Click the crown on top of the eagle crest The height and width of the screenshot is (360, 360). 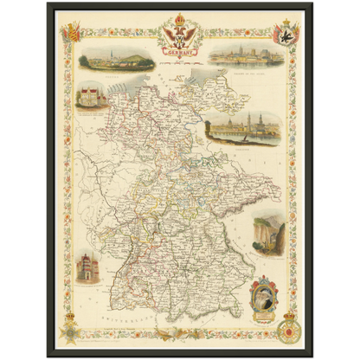click(x=179, y=19)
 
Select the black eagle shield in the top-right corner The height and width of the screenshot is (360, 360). click(x=283, y=35)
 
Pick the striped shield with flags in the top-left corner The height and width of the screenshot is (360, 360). click(x=73, y=34)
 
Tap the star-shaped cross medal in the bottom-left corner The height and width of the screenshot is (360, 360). click(x=70, y=331)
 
